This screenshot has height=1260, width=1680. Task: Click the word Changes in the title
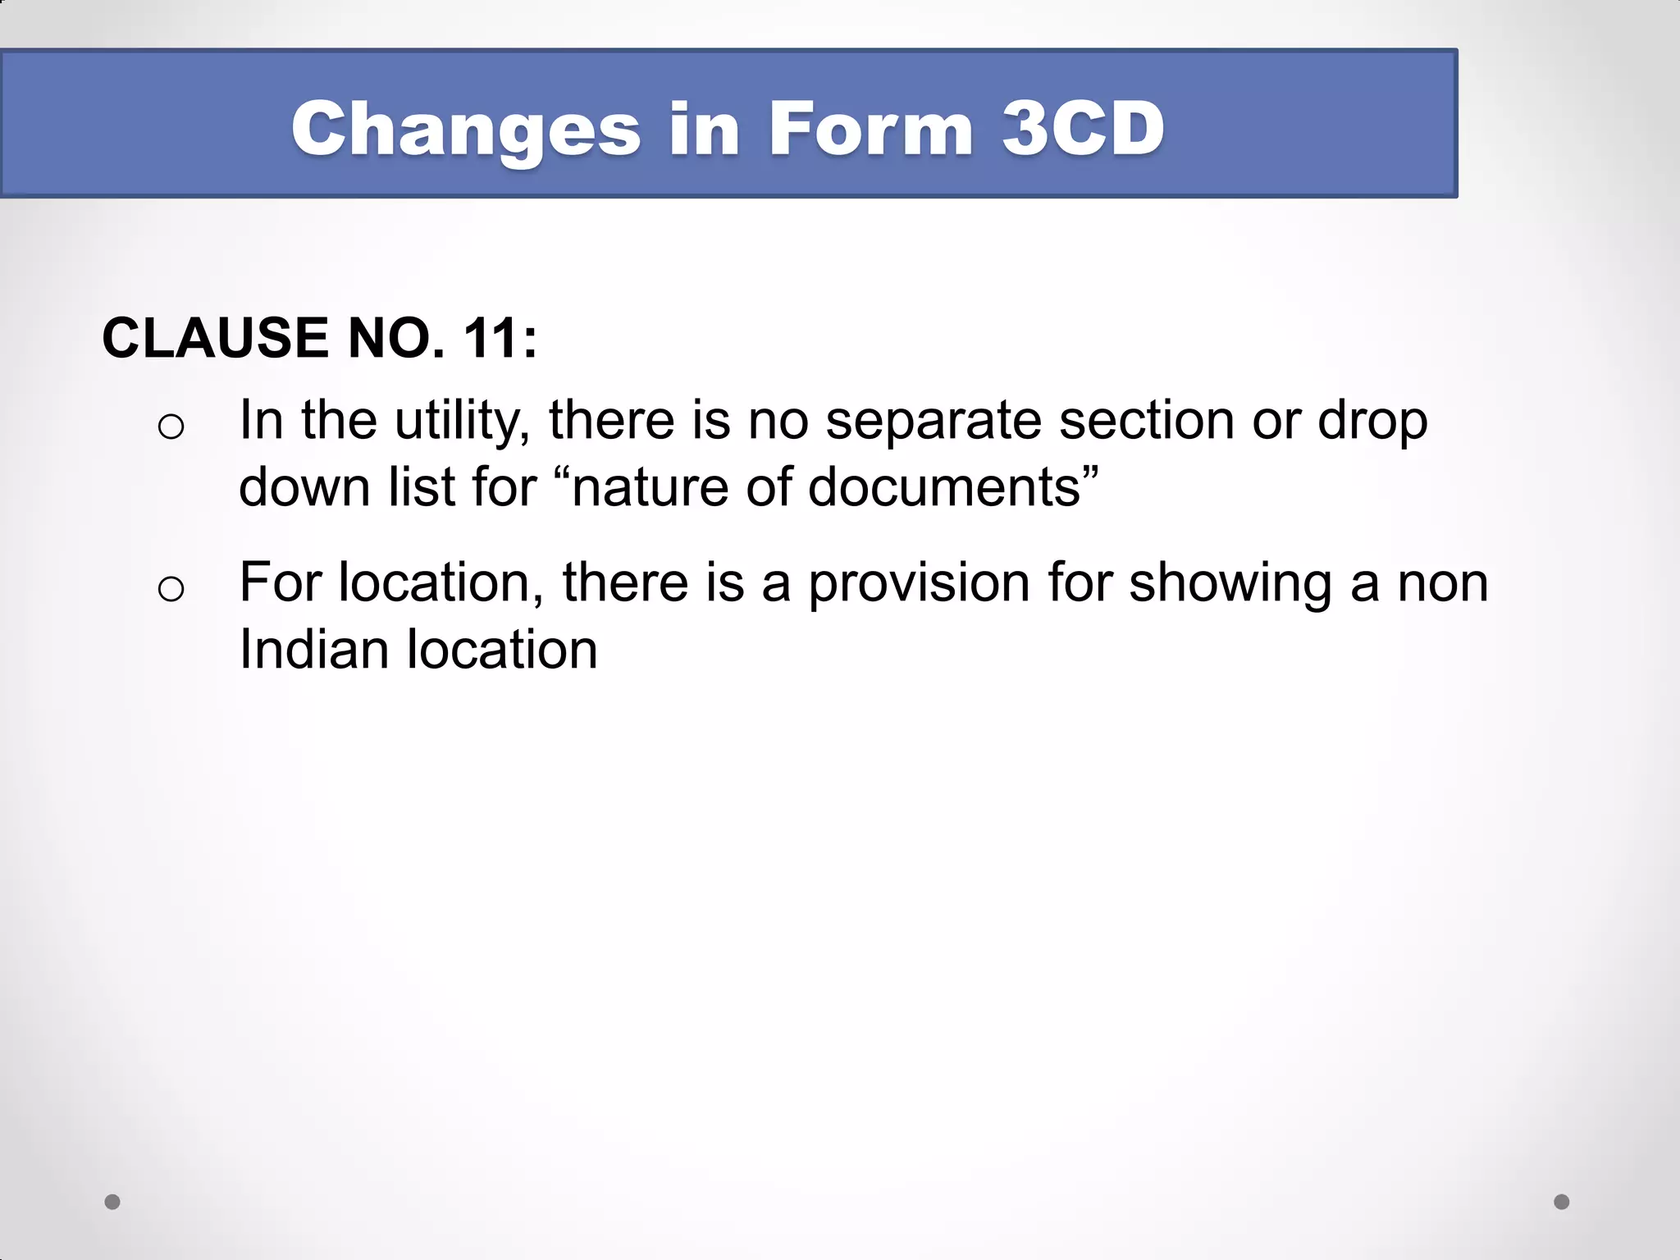click(465, 130)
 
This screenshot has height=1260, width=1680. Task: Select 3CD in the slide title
click(1083, 128)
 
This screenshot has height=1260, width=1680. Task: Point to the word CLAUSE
click(217, 338)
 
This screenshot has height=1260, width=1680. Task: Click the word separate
click(933, 421)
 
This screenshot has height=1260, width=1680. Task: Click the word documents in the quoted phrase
click(943, 487)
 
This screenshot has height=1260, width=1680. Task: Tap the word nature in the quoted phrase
click(647, 487)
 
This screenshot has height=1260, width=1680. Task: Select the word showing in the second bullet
click(1230, 583)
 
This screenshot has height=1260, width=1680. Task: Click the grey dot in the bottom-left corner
click(112, 1202)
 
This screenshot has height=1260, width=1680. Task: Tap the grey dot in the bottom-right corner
click(1562, 1202)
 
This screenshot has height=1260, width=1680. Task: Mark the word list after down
click(421, 487)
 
